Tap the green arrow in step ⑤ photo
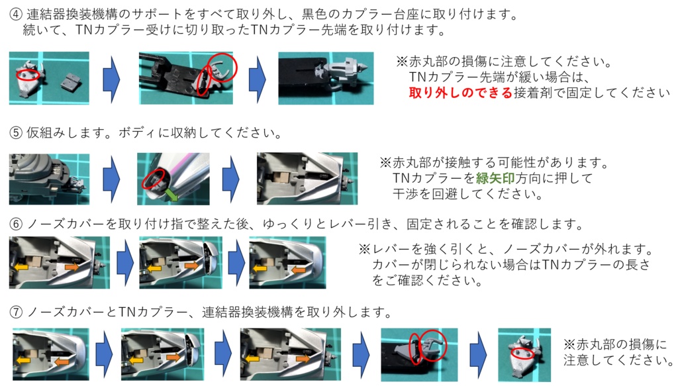(173, 194)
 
